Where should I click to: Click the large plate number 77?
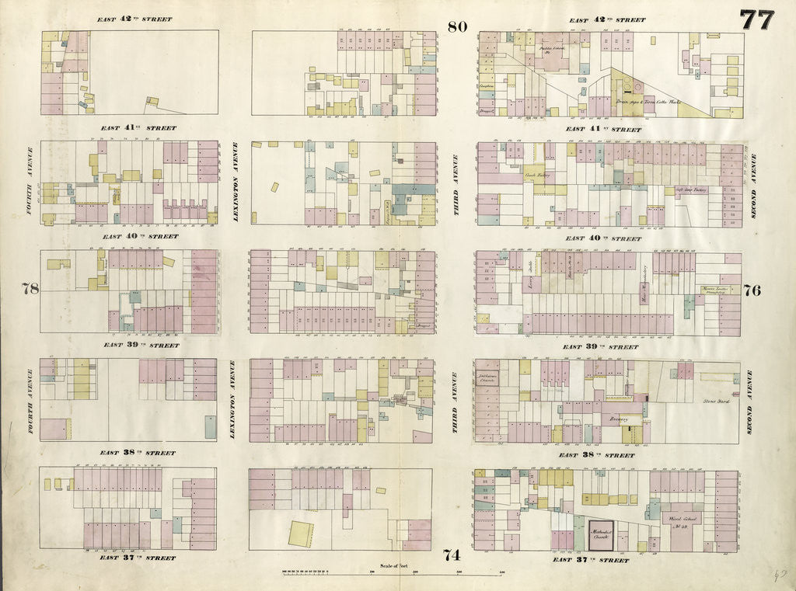[x=756, y=19]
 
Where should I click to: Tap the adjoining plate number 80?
[x=456, y=26]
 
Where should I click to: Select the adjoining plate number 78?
[x=30, y=289]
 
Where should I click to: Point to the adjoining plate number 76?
[x=752, y=290]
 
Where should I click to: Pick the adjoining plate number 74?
[x=452, y=554]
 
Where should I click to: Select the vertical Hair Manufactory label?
[x=644, y=283]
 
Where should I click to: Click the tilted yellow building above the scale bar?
[x=301, y=534]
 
